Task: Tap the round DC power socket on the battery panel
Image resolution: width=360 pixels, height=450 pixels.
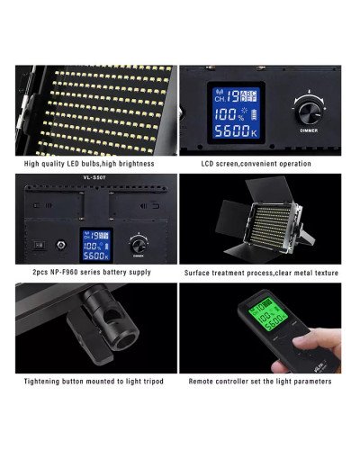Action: [59, 244]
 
